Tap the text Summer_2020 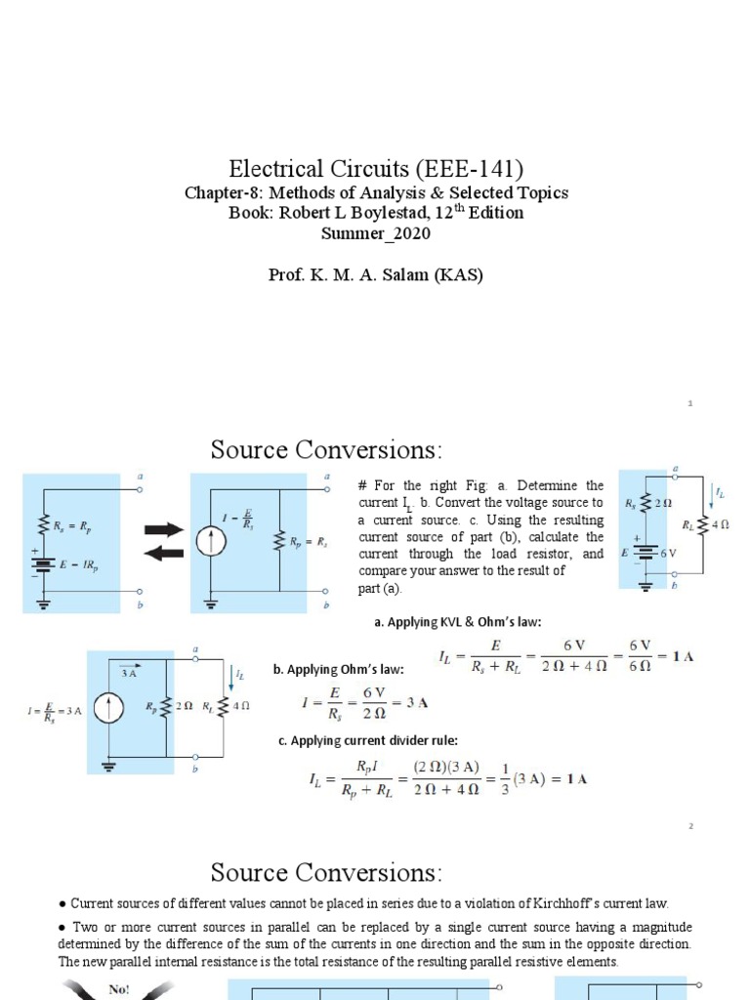coord(376,234)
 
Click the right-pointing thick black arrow coord(163,530)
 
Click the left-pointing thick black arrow coord(163,554)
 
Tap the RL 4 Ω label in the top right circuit coord(713,525)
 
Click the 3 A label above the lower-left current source coord(128,673)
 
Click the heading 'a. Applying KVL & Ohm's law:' coord(457,622)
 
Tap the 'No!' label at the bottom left coord(119,989)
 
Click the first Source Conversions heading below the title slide coord(326,450)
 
